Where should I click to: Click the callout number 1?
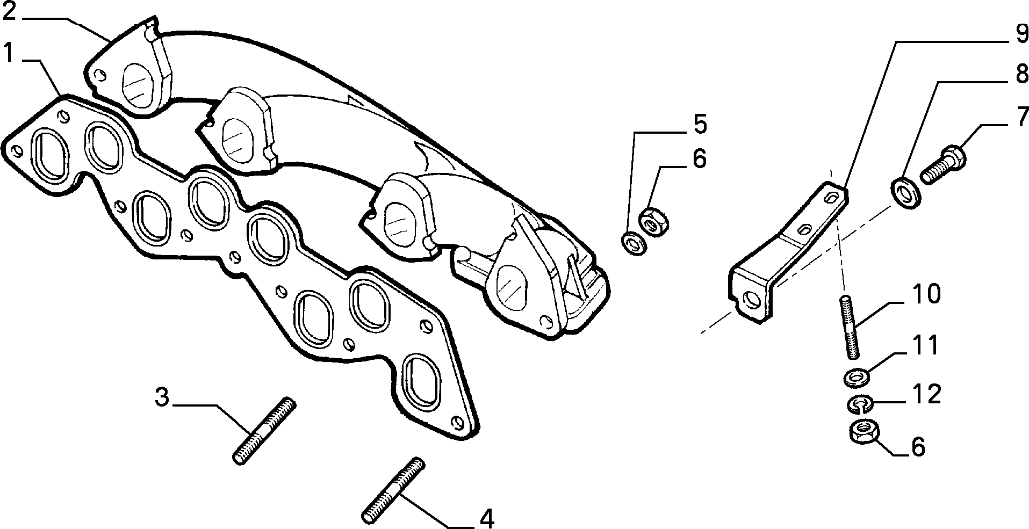coord(8,54)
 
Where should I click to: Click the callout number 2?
coord(11,11)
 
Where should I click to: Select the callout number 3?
coord(162,397)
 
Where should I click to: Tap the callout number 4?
coord(486,518)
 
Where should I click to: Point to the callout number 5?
coord(699,124)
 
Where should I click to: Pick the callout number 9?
coord(1020,34)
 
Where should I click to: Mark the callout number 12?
coord(926,394)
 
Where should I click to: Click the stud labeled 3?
coord(264,431)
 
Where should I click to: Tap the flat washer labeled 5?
coord(634,243)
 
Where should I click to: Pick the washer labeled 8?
coord(905,193)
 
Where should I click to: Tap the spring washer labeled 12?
coord(859,404)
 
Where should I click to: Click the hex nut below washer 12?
coord(863,431)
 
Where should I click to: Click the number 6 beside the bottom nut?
coord(918,447)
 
